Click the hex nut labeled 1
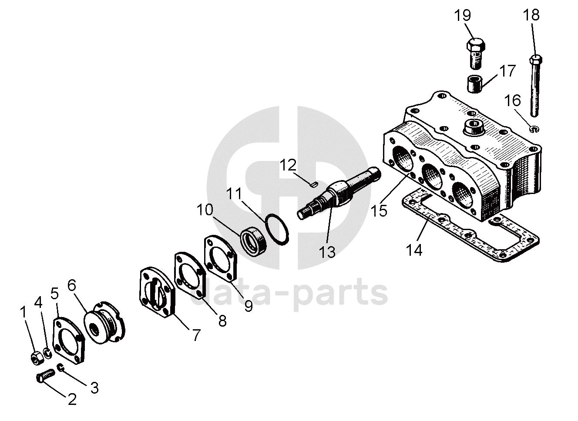36,358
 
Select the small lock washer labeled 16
534,129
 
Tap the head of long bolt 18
535,59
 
